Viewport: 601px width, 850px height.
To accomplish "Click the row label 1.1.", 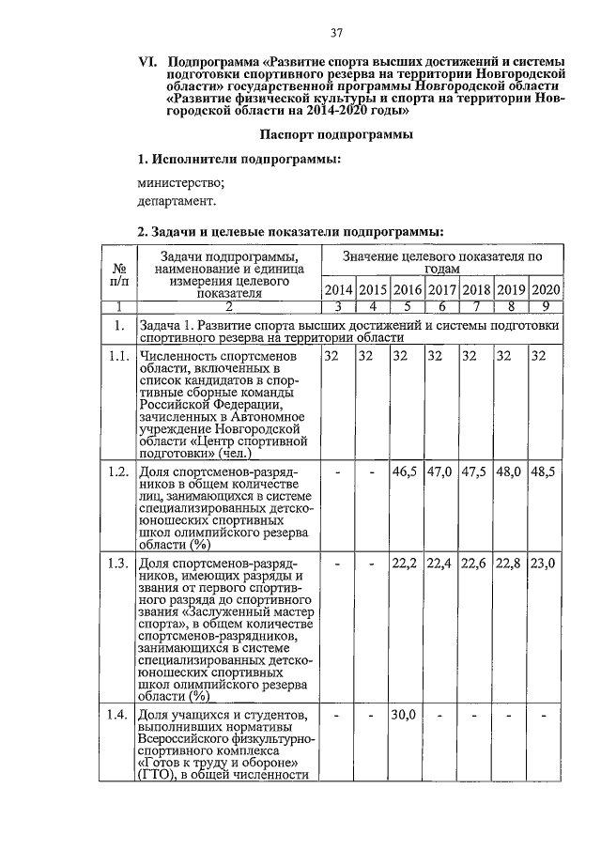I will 118,357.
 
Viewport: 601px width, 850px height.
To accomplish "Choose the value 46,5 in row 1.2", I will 407,471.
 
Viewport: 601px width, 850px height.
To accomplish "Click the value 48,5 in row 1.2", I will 545,471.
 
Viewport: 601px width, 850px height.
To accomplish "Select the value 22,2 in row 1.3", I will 407,564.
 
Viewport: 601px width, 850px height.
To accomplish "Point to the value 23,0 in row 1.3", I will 545,564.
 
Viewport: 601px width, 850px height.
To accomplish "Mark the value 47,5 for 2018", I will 476,471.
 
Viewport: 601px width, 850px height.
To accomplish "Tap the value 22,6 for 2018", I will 476,564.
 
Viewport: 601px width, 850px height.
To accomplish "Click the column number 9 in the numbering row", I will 546,306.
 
